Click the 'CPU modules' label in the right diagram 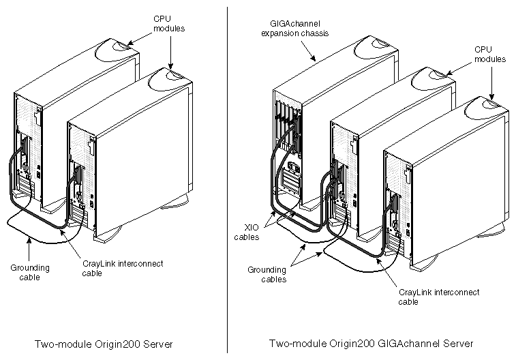pyautogui.click(x=490, y=55)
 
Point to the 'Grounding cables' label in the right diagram pyautogui.click(x=267, y=274)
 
